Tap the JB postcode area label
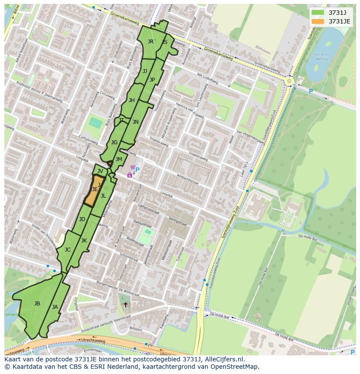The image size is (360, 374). pos(37,304)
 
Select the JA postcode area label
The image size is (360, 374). pos(55,307)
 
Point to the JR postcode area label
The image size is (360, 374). pos(150,42)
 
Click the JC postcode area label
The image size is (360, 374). pos(67,250)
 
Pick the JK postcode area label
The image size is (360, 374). pos(84,241)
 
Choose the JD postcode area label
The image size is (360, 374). pos(82,219)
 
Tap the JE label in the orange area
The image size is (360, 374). pos(94,189)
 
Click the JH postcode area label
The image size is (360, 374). pos(131,100)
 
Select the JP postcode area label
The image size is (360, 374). pos(152,80)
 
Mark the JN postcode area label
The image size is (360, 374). pos(136,122)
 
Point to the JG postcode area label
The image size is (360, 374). pos(114,142)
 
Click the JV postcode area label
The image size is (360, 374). pos(100,171)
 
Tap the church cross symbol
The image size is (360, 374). pos(126,304)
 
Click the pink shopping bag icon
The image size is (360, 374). pos(130,175)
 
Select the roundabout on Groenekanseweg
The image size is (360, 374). pos(289,81)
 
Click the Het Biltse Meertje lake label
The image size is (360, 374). pos(322,56)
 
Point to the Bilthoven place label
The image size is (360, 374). pos(263,51)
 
